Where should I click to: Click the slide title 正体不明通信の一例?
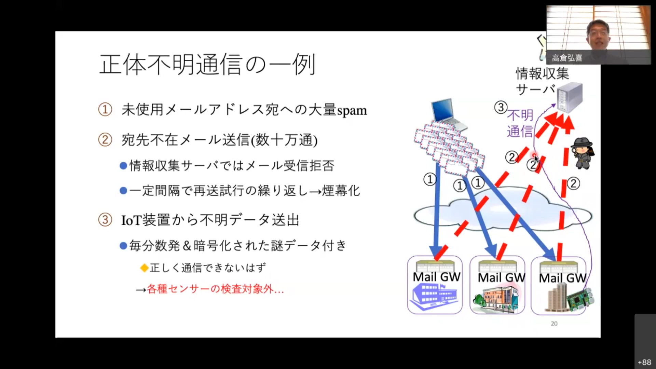tap(207, 64)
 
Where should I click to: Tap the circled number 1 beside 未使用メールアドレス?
tap(105, 110)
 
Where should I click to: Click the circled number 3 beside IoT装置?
tap(105, 220)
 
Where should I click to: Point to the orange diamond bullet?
tap(144, 268)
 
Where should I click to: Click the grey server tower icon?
tap(570, 97)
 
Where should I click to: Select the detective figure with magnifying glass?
tap(583, 153)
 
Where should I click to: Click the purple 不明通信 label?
tap(520, 123)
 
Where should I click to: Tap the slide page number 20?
tap(554, 324)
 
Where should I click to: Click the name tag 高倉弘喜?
tap(567, 58)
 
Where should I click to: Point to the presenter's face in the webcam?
tap(598, 34)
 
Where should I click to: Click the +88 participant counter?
tap(644, 362)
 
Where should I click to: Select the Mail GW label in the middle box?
tap(501, 277)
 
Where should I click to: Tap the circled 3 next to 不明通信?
tap(501, 107)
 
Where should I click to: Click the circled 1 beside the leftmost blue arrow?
tap(430, 179)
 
